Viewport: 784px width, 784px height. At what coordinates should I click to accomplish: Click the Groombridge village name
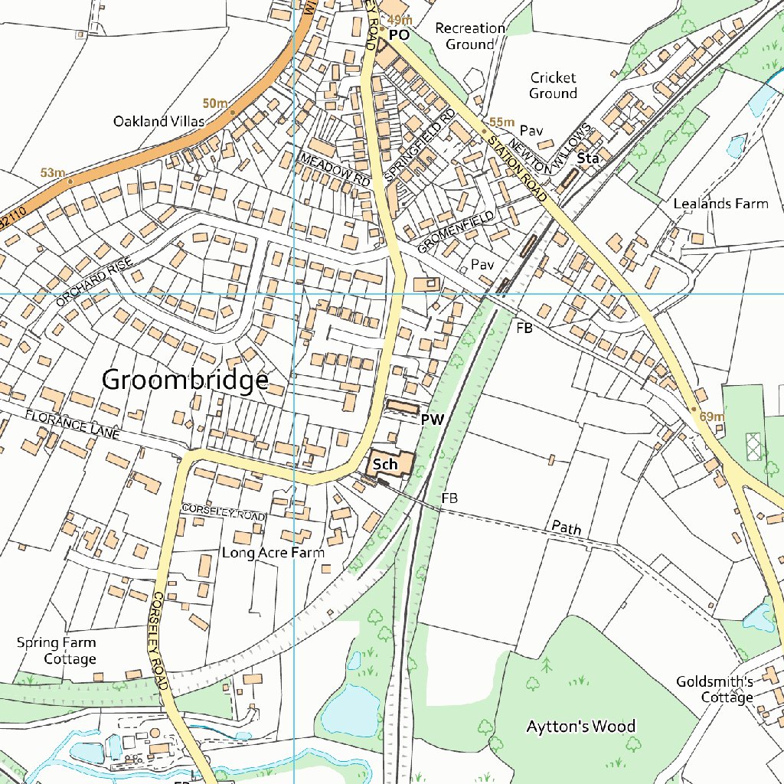click(185, 380)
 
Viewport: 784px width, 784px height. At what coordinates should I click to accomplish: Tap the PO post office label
click(399, 35)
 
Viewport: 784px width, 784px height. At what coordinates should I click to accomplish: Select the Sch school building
click(386, 465)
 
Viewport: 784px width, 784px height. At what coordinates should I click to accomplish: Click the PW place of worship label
click(433, 420)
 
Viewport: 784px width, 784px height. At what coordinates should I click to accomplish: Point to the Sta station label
click(588, 158)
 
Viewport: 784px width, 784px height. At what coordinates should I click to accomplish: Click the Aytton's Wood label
click(580, 727)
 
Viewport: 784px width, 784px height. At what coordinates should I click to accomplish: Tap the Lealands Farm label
click(720, 204)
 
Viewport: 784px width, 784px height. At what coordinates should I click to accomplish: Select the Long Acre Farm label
click(273, 552)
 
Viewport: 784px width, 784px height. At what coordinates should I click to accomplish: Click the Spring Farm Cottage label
click(58, 650)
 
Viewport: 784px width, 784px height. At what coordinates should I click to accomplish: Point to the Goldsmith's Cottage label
click(715, 689)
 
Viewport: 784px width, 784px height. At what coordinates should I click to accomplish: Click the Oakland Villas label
click(159, 121)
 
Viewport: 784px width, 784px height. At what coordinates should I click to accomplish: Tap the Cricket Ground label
click(553, 85)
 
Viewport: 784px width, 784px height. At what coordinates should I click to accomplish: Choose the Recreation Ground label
click(470, 36)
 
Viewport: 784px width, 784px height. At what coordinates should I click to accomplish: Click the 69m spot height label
click(712, 416)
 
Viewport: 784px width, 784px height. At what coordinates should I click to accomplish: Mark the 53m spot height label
click(53, 173)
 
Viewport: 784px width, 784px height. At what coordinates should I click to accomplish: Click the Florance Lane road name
click(72, 424)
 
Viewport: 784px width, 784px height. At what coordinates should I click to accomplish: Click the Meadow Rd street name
click(335, 168)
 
